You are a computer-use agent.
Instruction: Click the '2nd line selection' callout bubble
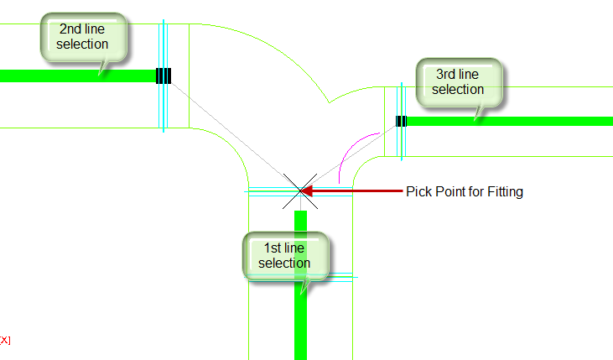84,37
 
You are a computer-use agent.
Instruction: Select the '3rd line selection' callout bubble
460,82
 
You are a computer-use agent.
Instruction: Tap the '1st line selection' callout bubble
286,256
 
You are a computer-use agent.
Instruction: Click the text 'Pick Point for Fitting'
465,191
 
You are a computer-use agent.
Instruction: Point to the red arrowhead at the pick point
306,191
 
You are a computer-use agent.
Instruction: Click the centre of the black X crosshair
300,191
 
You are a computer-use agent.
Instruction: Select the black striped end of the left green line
164,76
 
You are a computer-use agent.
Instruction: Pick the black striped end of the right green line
401,122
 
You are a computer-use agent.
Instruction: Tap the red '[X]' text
5,340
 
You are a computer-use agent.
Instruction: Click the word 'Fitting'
505,191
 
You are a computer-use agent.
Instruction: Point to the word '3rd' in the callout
446,74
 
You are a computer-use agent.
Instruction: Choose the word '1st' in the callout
273,248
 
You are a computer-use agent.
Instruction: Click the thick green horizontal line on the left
78,76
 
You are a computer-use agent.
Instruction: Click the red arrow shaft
357,191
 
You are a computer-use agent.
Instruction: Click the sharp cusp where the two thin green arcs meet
330,103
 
